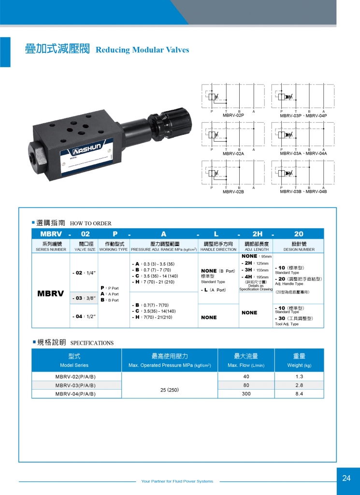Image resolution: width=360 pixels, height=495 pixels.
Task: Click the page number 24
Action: pyautogui.click(x=346, y=478)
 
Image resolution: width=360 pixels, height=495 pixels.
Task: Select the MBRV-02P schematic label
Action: pyautogui.click(x=233, y=116)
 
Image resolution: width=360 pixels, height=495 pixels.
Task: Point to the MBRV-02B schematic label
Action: pyautogui.click(x=233, y=192)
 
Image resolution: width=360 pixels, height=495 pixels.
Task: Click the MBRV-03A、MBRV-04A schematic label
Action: pyautogui.click(x=303, y=154)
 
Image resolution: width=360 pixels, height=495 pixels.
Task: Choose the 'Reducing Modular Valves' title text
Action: pyautogui.click(x=143, y=50)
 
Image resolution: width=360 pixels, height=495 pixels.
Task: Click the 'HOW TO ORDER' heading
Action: pyautogui.click(x=91, y=223)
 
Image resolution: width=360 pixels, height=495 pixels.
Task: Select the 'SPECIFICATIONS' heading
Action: pyautogui.click(x=92, y=343)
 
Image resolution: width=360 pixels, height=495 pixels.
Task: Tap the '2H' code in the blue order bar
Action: pyautogui.click(x=257, y=233)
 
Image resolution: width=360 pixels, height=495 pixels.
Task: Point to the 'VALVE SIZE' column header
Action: pyautogui.click(x=85, y=249)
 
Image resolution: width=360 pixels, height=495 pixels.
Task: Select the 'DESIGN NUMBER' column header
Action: pyautogui.click(x=299, y=249)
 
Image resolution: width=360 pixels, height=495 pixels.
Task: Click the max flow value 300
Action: pyautogui.click(x=246, y=394)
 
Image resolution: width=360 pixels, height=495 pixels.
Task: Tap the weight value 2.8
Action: pyautogui.click(x=299, y=385)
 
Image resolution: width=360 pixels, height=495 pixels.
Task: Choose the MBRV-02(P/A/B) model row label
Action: pyautogui.click(x=75, y=377)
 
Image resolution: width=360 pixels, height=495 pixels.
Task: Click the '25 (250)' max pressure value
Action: pyautogui.click(x=169, y=389)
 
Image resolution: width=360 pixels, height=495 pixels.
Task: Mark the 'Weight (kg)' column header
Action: pyautogui.click(x=299, y=365)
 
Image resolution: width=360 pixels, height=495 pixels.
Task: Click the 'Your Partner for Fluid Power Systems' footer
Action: pyautogui.click(x=177, y=481)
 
